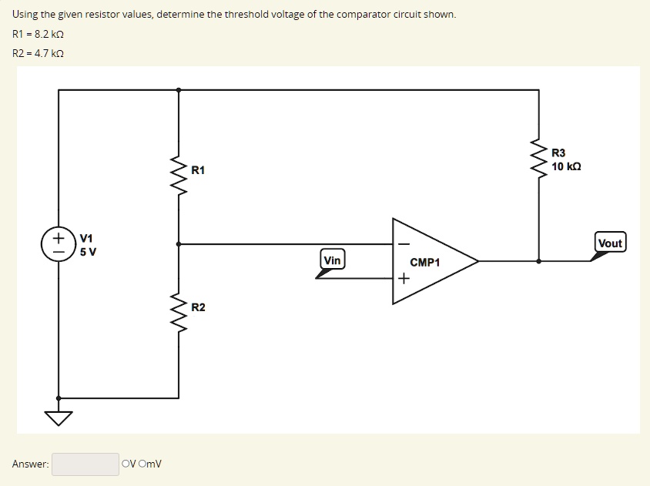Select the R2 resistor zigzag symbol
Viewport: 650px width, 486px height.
pos(179,309)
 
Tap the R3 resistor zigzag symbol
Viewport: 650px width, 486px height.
pos(538,159)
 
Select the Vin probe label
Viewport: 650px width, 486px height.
pos(332,260)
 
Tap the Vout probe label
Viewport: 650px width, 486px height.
pos(609,243)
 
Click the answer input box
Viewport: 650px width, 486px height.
pos(85,464)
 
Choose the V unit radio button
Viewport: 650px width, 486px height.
pos(126,464)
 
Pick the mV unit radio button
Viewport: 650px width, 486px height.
pos(143,464)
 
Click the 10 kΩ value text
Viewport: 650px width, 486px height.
pos(566,166)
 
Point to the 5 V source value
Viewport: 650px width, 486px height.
pos(88,252)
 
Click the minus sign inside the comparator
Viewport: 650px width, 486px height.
pos(402,243)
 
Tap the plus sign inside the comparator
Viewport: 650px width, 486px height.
pos(402,279)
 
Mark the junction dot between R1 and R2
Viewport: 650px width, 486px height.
pos(179,244)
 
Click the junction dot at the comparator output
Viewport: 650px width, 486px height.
pos(538,261)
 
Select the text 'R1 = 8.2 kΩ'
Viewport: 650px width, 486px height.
pos(38,35)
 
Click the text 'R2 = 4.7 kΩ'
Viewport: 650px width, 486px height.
pos(38,53)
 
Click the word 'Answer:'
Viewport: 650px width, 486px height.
pos(31,464)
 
